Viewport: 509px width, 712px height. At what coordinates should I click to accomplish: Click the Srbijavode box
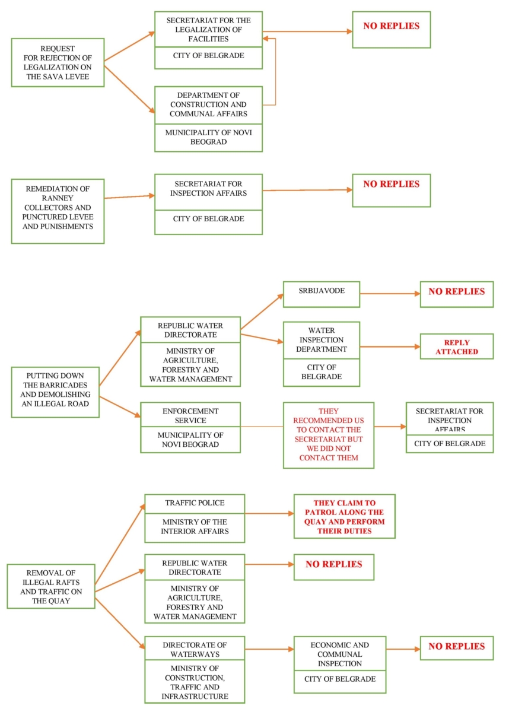321,294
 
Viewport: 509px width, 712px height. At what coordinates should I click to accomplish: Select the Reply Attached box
457,347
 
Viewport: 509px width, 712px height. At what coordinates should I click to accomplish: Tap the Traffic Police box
195,504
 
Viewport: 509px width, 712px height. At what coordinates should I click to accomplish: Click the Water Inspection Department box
321,340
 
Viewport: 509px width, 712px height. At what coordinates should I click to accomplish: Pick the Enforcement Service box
190,415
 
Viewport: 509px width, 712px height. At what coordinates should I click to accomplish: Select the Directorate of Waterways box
195,649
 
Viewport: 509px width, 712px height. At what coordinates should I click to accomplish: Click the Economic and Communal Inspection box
340,653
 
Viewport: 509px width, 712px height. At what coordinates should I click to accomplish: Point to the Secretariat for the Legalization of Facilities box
208,29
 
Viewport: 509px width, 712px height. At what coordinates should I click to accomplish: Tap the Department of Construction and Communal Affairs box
208,105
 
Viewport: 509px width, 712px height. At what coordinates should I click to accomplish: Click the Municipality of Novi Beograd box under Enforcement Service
190,440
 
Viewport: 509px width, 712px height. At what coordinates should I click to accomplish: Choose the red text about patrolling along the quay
345,517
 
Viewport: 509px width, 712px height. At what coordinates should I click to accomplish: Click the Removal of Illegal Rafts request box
51,586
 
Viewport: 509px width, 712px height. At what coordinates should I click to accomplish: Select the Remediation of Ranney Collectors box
58,211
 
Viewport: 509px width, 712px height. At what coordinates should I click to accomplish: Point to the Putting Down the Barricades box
55,392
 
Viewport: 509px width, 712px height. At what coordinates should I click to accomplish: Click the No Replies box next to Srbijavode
457,294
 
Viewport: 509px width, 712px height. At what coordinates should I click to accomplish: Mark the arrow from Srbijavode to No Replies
390,294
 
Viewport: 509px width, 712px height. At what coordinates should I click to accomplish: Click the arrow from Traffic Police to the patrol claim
269,513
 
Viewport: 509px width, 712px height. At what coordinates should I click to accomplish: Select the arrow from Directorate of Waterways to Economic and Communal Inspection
269,649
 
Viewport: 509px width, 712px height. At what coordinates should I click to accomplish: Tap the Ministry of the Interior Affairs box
195,527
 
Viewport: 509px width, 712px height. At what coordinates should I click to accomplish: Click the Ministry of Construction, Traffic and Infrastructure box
195,682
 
